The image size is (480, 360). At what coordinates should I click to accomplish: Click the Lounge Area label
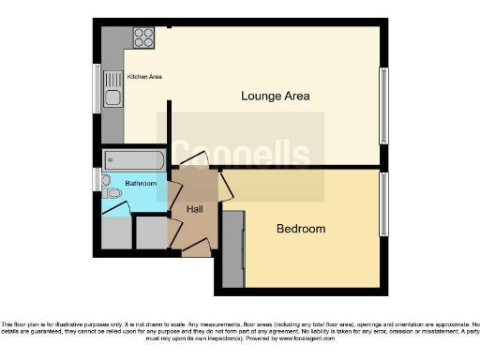point(275,96)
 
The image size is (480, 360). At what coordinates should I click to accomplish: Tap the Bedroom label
point(300,229)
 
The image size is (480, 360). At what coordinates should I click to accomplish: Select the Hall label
point(195,209)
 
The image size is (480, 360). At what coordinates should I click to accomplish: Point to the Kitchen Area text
point(145,76)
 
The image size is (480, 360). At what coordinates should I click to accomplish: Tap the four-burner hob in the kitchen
point(143,37)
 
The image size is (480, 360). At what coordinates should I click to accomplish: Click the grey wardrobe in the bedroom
point(232,247)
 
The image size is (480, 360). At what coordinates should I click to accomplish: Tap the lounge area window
point(382,105)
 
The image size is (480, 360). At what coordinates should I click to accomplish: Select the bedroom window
point(382,203)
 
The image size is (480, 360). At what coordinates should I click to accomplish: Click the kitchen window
point(97,89)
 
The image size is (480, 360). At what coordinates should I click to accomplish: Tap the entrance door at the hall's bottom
point(196,247)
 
